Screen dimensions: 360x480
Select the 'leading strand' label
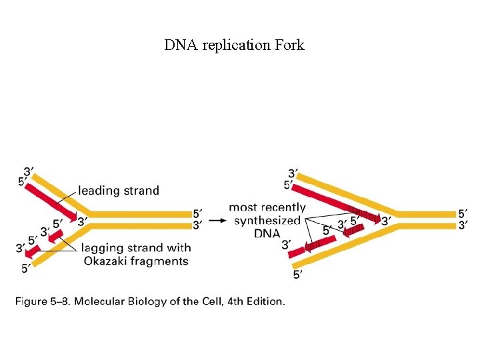tap(119, 191)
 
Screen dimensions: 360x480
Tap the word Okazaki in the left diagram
tap(107, 261)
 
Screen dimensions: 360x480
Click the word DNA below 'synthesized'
tap(267, 233)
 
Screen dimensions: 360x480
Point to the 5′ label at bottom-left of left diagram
tap(25, 269)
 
